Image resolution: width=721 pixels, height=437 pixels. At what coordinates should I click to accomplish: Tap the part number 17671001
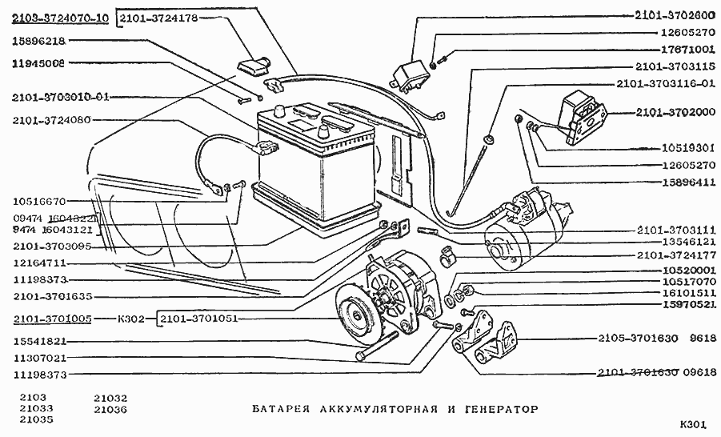tap(687, 50)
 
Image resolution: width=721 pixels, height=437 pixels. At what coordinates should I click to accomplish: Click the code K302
tap(131, 319)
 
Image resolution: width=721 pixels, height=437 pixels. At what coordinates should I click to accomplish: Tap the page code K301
tap(694, 424)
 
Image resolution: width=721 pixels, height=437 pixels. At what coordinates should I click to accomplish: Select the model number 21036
tap(110, 409)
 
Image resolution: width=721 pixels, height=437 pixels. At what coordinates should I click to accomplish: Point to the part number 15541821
tap(39, 341)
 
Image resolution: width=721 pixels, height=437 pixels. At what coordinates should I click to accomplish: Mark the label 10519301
tap(687, 148)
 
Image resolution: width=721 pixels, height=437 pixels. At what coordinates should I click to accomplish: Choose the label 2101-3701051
tap(199, 319)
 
